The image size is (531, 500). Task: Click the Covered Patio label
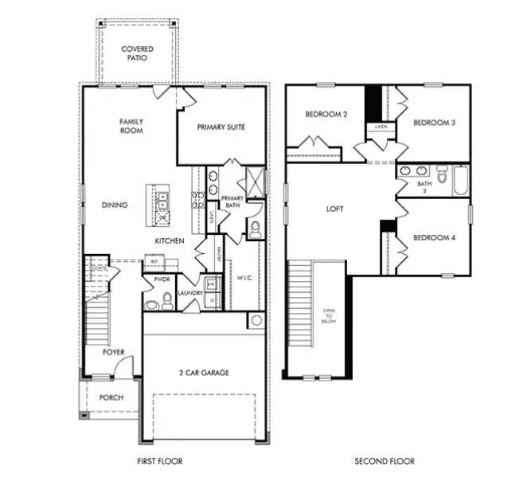[137, 53]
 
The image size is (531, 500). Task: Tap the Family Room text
[131, 126]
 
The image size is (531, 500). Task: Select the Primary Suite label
[221, 127]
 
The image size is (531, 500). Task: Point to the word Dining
[115, 205]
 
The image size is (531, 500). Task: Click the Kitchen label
[170, 240]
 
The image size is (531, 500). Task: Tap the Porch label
[111, 397]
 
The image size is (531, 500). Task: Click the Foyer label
[113, 352]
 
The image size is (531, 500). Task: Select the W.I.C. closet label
[245, 278]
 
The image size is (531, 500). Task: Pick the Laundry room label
[191, 293]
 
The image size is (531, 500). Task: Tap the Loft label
[335, 209]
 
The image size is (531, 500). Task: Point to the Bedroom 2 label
[326, 114]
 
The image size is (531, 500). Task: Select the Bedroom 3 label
[434, 123]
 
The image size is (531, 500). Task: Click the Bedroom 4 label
[433, 236]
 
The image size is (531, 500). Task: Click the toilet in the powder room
[167, 300]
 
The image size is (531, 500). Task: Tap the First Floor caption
[161, 461]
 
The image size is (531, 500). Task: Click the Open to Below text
[330, 315]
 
